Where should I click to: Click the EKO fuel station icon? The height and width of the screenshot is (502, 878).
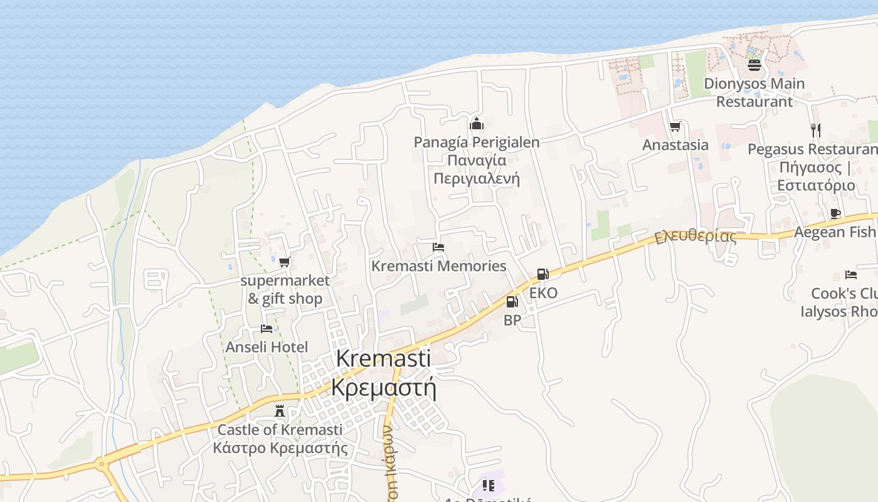(542, 274)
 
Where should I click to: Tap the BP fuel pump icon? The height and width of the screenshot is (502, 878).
(512, 302)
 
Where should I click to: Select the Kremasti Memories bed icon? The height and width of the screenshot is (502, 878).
(438, 247)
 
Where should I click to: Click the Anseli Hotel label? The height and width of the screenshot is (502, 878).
(267, 347)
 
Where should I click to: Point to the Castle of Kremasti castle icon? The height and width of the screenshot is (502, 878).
(280, 412)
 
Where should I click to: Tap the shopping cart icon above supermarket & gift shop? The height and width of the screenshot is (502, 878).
(285, 262)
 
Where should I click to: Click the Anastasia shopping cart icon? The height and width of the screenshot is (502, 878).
(675, 127)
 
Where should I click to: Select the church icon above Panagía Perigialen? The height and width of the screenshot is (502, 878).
(477, 124)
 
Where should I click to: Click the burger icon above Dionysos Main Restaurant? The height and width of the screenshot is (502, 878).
(754, 65)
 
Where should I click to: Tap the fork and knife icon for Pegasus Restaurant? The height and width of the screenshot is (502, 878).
(815, 131)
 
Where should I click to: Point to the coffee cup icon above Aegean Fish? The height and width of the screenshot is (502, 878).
(835, 213)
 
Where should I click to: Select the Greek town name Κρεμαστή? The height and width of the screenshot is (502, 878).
(383, 388)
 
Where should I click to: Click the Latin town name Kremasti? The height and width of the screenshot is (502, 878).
(383, 359)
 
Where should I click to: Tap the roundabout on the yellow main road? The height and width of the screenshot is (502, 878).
(102, 465)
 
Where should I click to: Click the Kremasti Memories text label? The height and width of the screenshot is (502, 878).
(438, 266)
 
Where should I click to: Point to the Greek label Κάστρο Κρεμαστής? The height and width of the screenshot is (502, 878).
(280, 448)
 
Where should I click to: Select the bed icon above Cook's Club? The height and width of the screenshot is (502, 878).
(850, 275)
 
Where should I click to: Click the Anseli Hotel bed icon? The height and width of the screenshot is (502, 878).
(267, 329)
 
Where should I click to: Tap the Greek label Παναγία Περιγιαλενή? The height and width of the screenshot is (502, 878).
(477, 169)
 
